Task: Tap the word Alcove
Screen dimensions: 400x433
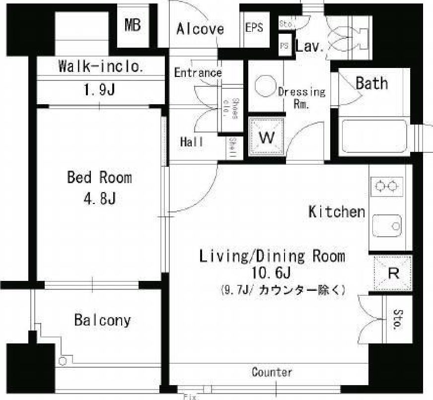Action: click(200, 29)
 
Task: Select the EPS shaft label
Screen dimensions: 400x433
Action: click(254, 28)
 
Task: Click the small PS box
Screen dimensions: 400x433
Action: click(285, 45)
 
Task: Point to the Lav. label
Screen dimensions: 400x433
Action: click(310, 48)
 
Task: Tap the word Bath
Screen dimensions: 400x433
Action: click(371, 83)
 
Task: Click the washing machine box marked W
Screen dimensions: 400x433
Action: click(267, 137)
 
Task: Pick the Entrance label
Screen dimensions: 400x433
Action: click(198, 73)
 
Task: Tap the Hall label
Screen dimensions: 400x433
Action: click(192, 142)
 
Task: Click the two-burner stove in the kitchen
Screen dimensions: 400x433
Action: click(388, 186)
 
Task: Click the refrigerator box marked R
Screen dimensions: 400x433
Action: click(392, 273)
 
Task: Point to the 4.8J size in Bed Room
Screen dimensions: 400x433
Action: click(99, 199)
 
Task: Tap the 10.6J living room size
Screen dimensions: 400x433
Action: click(272, 273)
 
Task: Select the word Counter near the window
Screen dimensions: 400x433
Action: click(272, 372)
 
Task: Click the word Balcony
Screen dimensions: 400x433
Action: click(102, 320)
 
